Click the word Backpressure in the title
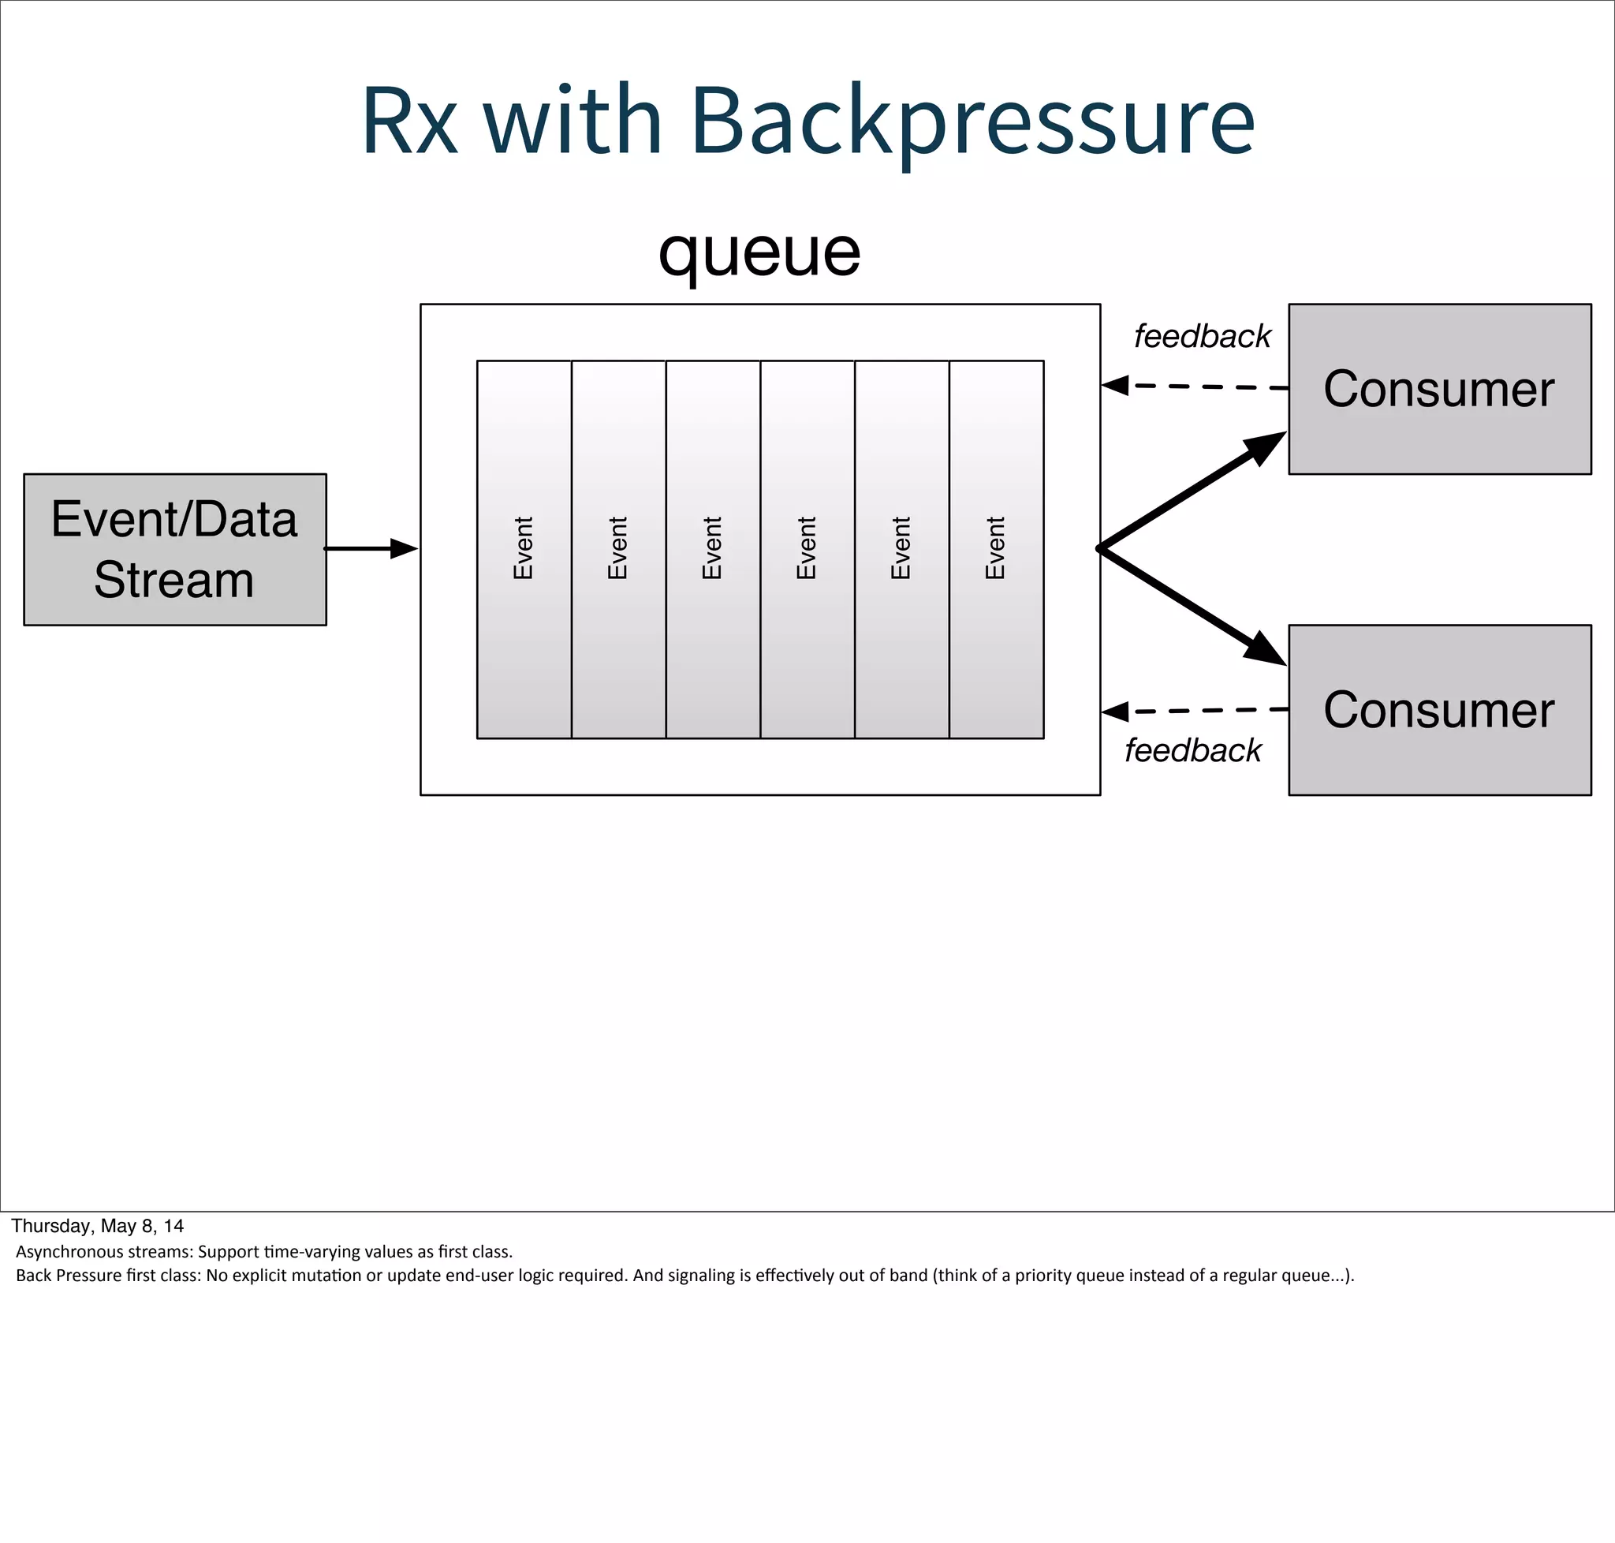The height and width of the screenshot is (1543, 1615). [972, 121]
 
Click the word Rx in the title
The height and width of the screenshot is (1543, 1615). [408, 121]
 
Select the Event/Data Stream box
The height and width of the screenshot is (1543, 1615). [174, 548]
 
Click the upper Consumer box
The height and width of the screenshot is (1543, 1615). [1439, 388]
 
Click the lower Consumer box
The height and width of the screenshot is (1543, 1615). [1439, 709]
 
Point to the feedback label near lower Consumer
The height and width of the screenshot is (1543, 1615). [1192, 750]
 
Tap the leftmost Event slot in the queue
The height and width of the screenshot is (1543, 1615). [524, 548]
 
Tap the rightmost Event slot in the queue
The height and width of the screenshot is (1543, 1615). [996, 548]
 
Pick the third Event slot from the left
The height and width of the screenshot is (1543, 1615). [713, 548]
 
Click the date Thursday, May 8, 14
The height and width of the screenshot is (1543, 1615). [97, 1226]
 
